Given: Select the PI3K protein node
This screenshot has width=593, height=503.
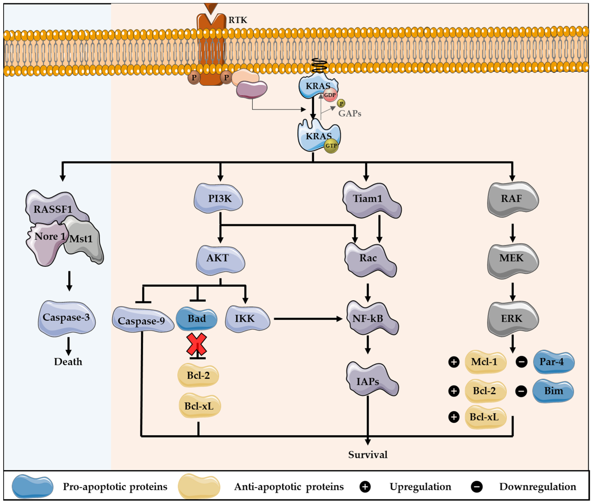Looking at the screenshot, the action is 218,198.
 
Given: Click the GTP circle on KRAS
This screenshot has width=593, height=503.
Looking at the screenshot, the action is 331,146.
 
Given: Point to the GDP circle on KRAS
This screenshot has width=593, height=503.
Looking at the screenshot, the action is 330,95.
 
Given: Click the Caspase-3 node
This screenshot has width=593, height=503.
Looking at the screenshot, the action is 67,318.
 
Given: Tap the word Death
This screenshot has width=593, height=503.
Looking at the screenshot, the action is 68,362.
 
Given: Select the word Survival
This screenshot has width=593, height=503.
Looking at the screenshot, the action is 368,454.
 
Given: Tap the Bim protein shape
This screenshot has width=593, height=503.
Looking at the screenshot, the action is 553,391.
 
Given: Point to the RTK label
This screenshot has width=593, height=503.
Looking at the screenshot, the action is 238,20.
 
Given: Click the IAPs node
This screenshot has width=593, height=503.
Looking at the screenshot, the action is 372,379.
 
